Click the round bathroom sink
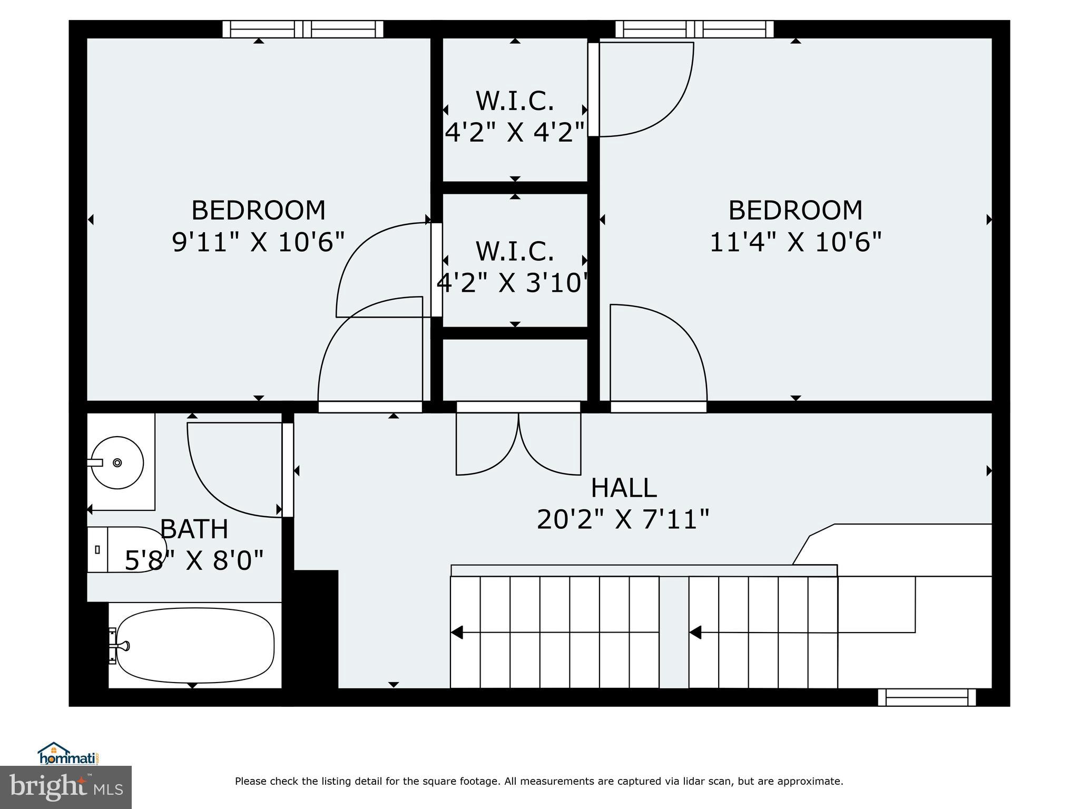click(117, 462)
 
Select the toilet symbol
click(126, 549)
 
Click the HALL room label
click(623, 488)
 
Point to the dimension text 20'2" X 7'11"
click(623, 520)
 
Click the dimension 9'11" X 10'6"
click(258, 242)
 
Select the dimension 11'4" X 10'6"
click(796, 242)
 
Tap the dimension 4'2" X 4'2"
click(515, 132)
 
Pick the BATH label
click(194, 529)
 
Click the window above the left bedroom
click(302, 29)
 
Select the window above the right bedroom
click(694, 29)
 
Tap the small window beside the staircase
click(927, 697)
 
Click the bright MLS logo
click(66, 787)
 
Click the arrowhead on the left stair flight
click(457, 632)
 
